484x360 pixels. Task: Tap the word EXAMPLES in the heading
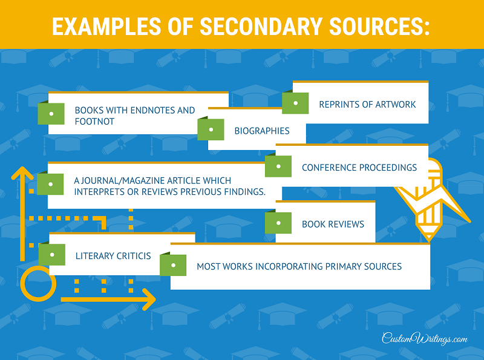pos(106,26)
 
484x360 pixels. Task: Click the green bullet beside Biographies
pos(211,129)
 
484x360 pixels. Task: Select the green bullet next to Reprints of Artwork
pos(295,103)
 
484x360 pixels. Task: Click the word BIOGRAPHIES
pos(262,131)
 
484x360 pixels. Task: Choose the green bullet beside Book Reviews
pos(278,223)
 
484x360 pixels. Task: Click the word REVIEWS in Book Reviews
pos(346,224)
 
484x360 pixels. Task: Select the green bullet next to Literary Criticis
pos(52,255)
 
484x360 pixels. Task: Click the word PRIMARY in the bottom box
pos(343,266)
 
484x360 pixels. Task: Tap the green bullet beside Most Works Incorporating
pos(173,265)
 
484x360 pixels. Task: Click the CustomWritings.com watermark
pos(425,338)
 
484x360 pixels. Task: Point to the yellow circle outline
pos(21,284)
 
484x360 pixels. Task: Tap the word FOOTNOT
pos(94,122)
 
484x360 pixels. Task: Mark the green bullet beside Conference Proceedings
pos(278,166)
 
